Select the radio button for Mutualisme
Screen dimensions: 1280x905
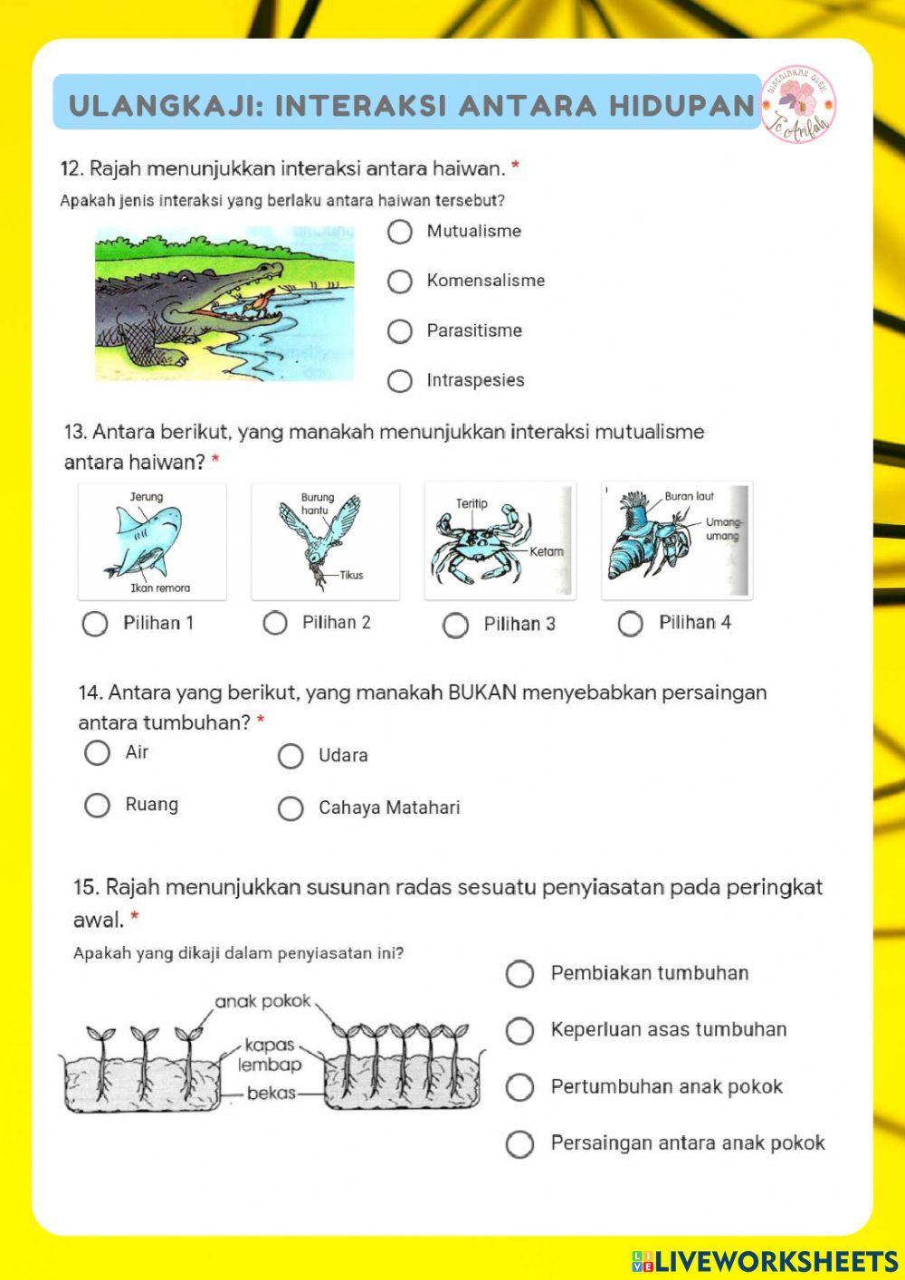click(x=400, y=232)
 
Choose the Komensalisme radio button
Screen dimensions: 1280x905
click(x=400, y=282)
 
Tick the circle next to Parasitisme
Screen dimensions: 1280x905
click(x=400, y=331)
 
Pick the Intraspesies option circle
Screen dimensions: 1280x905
click(x=400, y=381)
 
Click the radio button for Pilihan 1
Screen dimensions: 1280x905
click(x=94, y=624)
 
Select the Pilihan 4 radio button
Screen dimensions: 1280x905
click(x=630, y=624)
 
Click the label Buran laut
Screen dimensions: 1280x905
click(x=689, y=496)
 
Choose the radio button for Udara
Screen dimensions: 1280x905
click(x=291, y=756)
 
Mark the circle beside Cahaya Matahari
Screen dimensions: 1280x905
click(x=291, y=808)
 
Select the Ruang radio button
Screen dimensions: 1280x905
click(x=97, y=805)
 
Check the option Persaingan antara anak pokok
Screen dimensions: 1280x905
click(x=519, y=1144)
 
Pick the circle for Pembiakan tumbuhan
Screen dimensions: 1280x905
click(x=519, y=974)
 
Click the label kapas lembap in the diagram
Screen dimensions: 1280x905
click(x=270, y=1055)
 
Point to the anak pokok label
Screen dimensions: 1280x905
click(x=262, y=1001)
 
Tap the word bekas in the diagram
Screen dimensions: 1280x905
click(x=271, y=1094)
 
